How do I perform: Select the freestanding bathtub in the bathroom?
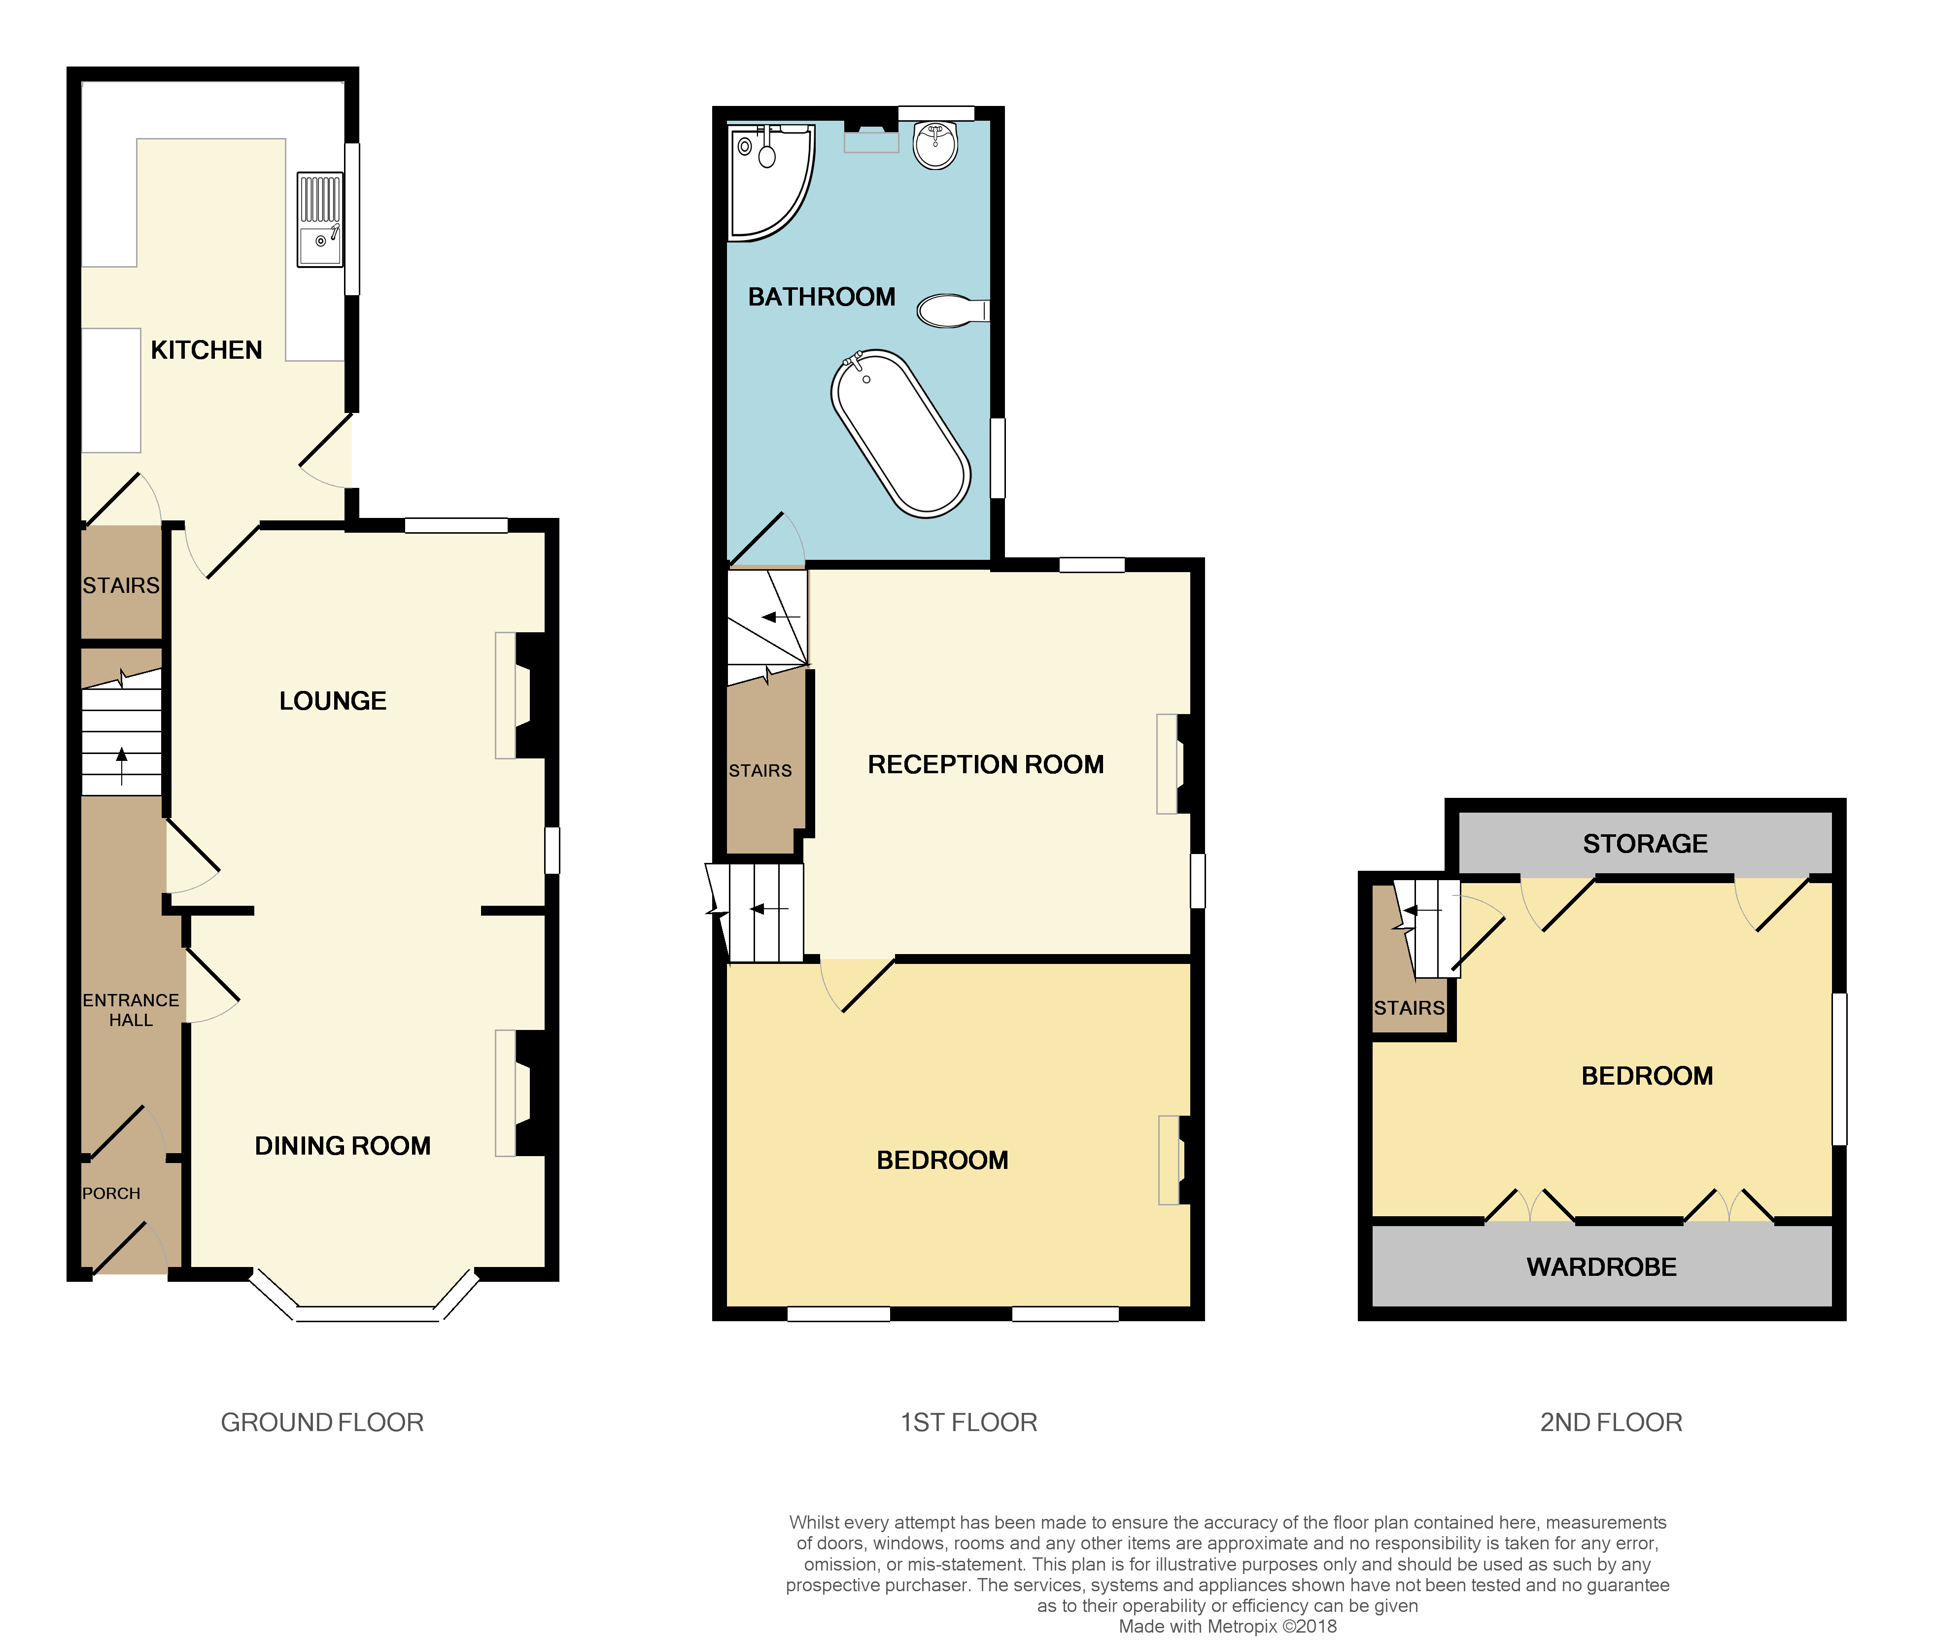[x=900, y=433]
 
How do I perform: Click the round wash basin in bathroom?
[x=935, y=144]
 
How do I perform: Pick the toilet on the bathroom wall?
[x=951, y=310]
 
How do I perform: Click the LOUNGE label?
[x=333, y=701]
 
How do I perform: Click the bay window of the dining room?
[x=365, y=1312]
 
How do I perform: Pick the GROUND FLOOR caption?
[x=321, y=1422]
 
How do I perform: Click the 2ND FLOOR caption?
[x=1611, y=1422]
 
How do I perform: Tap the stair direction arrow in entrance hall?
[x=121, y=764]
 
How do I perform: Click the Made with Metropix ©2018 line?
[x=1227, y=1626]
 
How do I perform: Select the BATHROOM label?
[x=821, y=297]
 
